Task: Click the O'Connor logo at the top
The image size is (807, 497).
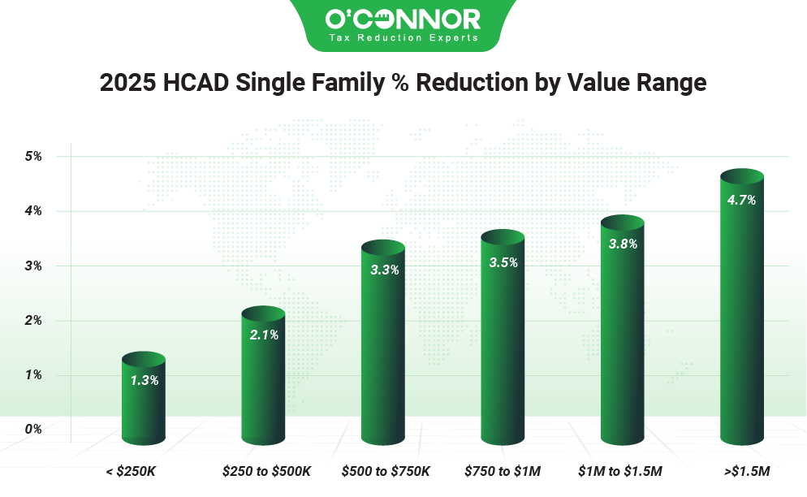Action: click(x=403, y=18)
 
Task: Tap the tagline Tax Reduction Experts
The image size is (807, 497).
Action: click(x=403, y=38)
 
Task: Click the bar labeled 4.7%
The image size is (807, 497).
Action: click(x=742, y=309)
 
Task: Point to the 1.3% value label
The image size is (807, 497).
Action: click(x=143, y=380)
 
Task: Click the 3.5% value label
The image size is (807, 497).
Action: click(x=503, y=262)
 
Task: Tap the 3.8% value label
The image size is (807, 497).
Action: click(x=623, y=244)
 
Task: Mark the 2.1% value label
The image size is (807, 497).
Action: click(x=264, y=335)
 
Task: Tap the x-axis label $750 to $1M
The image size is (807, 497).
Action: click(x=503, y=471)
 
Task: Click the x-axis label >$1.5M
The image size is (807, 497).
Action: click(x=742, y=471)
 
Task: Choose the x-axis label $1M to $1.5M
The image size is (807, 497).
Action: click(x=621, y=471)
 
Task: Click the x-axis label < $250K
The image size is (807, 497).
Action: click(x=143, y=471)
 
